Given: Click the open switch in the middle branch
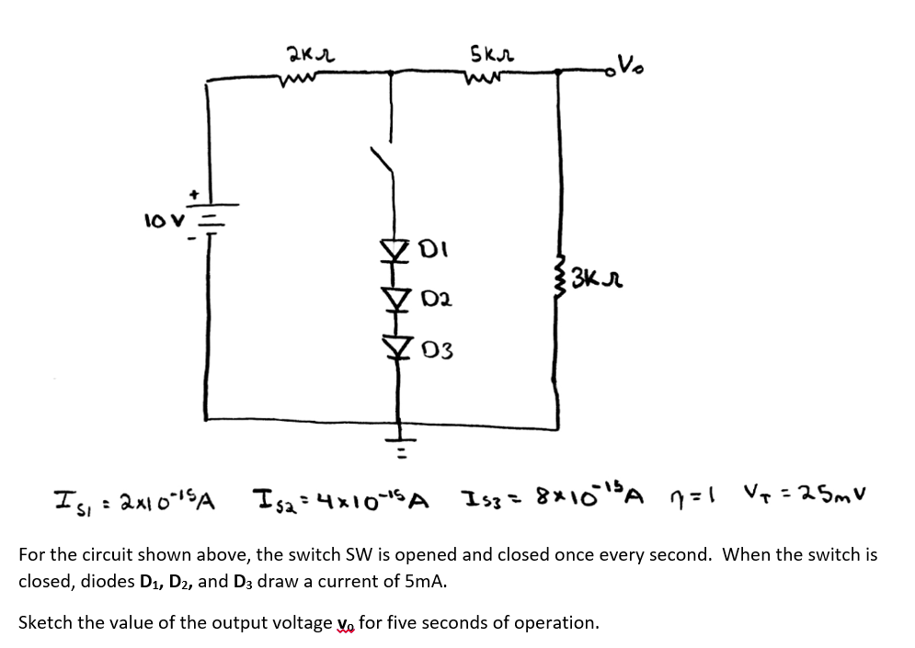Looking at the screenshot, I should coord(390,171).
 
